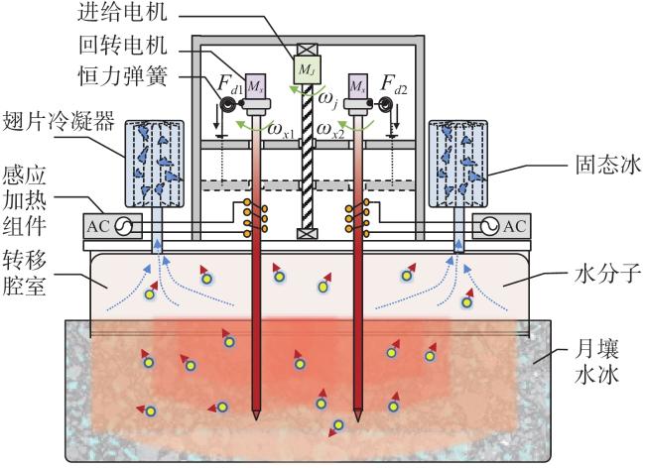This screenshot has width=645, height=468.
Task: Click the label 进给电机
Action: point(123,12)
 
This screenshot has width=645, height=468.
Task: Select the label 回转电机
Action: point(123,45)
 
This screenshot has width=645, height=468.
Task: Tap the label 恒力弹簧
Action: point(123,76)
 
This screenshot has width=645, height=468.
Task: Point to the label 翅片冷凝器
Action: point(58,121)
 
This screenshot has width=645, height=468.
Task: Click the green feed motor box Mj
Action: point(307,69)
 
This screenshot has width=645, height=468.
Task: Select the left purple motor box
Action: point(255,86)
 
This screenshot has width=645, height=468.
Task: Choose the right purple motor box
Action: point(358,86)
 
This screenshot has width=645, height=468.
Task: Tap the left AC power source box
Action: point(113,226)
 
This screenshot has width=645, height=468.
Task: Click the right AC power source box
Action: point(501,226)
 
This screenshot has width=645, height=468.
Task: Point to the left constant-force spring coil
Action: point(227,104)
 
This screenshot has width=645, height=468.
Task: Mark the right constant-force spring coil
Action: point(386,104)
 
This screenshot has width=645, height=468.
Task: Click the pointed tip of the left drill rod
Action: point(257,419)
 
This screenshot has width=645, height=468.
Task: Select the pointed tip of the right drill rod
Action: point(358,420)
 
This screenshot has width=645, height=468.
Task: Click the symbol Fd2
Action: point(394,84)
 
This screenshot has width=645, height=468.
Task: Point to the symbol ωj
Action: point(328,100)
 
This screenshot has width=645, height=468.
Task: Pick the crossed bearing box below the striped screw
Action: point(307,234)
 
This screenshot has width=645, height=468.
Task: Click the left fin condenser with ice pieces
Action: point(154,164)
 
